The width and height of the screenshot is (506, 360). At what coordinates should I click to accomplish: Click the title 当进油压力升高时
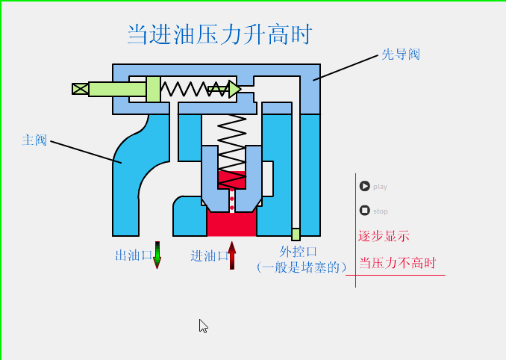coord(219,34)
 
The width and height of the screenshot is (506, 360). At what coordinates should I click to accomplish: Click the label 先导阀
coord(401,55)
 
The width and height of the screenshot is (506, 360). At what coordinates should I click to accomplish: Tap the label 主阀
coord(34,140)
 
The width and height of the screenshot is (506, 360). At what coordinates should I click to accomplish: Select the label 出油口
coord(134,255)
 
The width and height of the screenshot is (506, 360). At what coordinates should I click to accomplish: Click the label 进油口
coord(209,256)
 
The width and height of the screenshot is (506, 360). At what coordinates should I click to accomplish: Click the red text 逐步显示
coord(384,236)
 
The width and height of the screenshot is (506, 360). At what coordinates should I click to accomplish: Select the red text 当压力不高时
coord(396,264)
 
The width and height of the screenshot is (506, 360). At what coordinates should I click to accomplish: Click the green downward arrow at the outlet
coord(157,255)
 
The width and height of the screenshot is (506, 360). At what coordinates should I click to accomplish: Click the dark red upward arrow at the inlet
coord(232,255)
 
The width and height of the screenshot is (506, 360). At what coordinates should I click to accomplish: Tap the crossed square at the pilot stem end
coord(80,89)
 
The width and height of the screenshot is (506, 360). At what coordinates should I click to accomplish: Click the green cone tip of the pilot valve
coord(234,90)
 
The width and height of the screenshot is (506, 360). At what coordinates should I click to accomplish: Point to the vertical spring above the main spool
coord(231,142)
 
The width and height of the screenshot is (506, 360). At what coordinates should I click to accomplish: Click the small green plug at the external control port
coord(296,234)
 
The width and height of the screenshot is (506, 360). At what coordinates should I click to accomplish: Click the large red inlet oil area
coord(231,223)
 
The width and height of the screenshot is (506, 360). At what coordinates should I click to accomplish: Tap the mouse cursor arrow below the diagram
coord(203,326)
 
